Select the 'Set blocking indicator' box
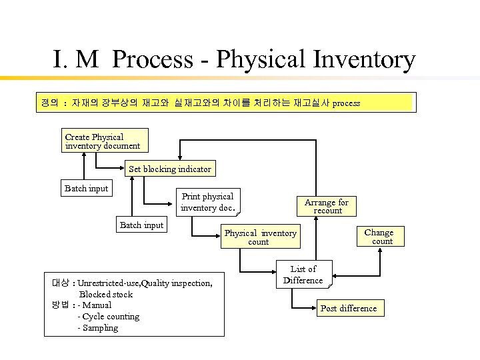(x=169, y=169)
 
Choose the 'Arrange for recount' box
(x=327, y=205)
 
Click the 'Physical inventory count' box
(x=260, y=237)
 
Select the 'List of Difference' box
(x=303, y=275)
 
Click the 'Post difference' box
(x=348, y=308)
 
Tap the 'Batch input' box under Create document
(x=85, y=189)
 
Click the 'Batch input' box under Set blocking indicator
(x=141, y=225)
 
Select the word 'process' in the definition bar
(x=346, y=103)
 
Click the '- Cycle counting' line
(x=109, y=317)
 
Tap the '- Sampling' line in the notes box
(x=98, y=328)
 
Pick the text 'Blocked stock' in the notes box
(x=106, y=294)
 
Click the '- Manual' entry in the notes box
(x=95, y=305)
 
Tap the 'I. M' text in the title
(x=76, y=60)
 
